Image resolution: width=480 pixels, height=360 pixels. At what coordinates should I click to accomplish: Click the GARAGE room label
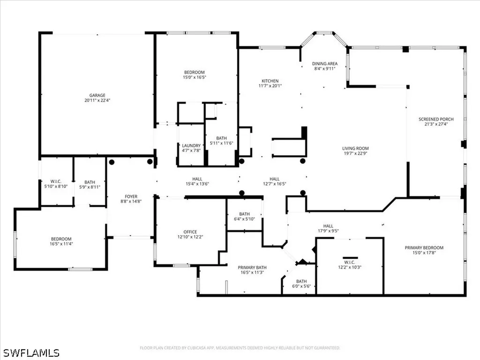click(97, 95)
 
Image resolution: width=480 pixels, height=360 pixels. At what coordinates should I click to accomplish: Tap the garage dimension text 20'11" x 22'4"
click(97, 100)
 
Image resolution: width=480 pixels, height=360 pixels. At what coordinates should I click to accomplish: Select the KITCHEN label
click(270, 81)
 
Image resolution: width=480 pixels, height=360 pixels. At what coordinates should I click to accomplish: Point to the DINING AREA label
click(325, 64)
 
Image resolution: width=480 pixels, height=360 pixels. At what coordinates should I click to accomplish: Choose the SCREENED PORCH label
click(436, 120)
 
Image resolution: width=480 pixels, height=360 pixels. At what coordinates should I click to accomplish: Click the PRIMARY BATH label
click(252, 267)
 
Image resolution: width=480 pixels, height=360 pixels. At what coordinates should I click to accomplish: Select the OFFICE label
click(190, 232)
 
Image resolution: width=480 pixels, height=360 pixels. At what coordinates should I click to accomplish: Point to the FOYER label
click(131, 196)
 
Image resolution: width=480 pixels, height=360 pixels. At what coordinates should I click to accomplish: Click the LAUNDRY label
click(191, 145)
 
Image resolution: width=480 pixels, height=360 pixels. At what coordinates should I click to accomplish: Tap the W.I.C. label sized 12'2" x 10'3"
click(349, 262)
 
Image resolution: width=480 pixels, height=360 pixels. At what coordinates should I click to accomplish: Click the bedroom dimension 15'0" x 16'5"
click(194, 77)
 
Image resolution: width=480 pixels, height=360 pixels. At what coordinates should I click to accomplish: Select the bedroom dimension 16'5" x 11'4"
click(61, 244)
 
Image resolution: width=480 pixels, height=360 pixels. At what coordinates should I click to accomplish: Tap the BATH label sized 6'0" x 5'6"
click(298, 281)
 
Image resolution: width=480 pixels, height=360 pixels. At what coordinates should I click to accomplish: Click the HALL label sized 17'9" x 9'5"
click(328, 225)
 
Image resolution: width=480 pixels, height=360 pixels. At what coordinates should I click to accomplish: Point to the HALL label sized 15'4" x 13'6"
click(197, 179)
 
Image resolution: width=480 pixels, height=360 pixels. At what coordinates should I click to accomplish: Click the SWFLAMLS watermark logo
click(30, 352)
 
